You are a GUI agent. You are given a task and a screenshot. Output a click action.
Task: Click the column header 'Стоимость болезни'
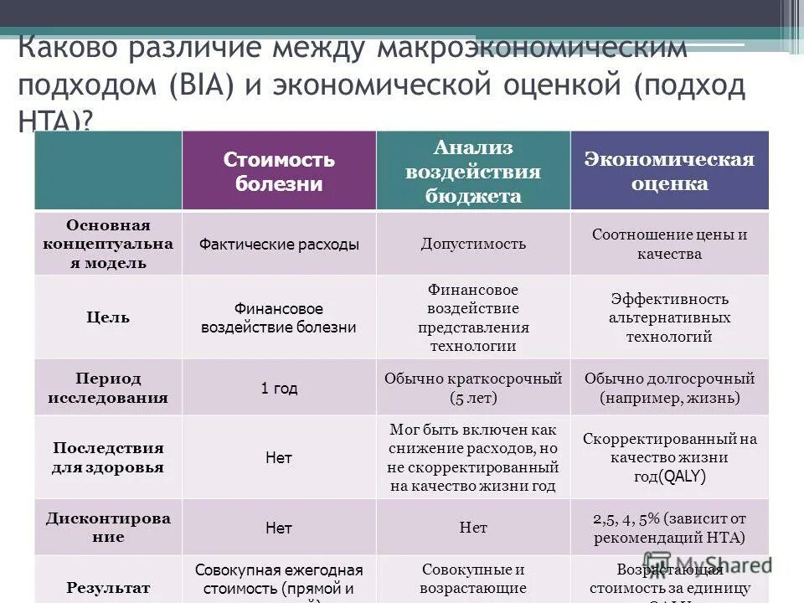tap(279, 171)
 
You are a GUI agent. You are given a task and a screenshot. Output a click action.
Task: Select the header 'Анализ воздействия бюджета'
tap(473, 171)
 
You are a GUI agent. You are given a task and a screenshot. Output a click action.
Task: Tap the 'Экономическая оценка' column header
tap(669, 171)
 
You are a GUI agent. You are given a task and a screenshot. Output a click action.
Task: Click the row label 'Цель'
tap(108, 317)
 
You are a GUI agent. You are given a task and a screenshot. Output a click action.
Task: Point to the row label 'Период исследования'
tap(108, 388)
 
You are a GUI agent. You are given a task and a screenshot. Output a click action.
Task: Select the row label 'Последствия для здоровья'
tap(108, 457)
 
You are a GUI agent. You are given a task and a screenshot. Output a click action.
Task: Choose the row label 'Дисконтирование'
tap(108, 527)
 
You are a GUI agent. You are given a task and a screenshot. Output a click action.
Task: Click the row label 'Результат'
tap(108, 588)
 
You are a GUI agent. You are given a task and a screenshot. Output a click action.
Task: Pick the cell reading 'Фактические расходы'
tap(279, 244)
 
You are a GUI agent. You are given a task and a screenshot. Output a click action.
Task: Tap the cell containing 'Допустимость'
tap(473, 244)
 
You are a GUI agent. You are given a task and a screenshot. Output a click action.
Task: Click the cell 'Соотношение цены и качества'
tap(669, 244)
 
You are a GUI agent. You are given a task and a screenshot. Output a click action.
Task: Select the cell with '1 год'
tap(279, 389)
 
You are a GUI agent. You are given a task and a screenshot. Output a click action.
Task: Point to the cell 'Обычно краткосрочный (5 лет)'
tap(473, 388)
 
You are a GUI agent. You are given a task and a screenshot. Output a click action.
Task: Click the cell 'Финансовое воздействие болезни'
tap(279, 318)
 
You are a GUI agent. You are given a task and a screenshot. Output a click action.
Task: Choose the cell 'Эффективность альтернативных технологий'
tap(669, 318)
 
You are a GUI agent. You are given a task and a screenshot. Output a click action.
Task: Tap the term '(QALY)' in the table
tap(682, 477)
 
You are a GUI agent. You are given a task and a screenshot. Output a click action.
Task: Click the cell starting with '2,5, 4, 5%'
tap(669, 528)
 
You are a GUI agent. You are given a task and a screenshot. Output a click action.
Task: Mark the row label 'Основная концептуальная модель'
tap(108, 244)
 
